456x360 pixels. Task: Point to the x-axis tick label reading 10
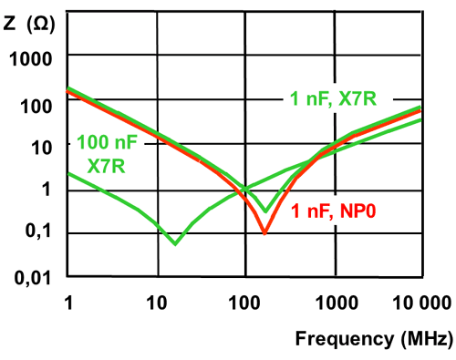pos(156,302)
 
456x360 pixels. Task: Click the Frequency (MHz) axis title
pos(373,340)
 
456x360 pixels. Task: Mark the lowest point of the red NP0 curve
pos(265,233)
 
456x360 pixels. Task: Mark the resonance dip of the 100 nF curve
pos(175,243)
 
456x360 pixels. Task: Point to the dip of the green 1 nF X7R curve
pos(265,211)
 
